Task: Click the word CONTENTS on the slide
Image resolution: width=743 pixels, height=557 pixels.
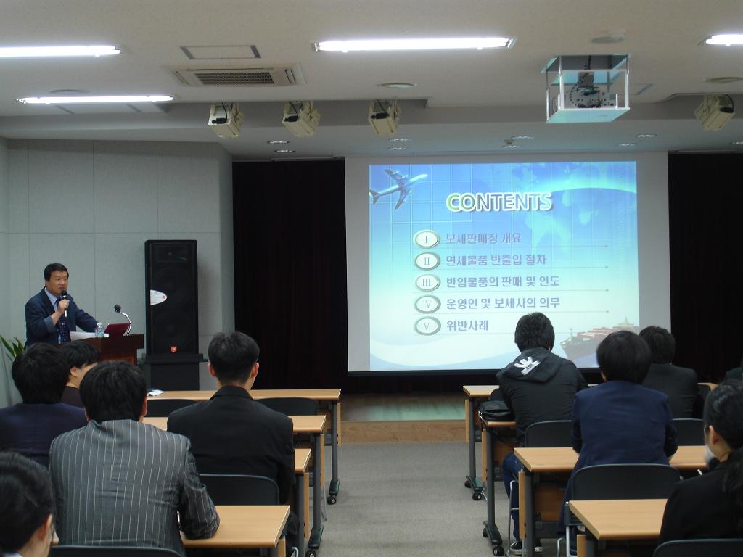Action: coord(499,202)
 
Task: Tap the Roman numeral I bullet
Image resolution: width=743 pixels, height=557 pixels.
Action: coord(427,239)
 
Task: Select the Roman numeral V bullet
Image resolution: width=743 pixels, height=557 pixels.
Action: coord(427,326)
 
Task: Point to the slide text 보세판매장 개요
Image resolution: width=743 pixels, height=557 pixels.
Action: coord(483,238)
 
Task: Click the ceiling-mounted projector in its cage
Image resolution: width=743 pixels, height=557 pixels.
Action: coord(586,88)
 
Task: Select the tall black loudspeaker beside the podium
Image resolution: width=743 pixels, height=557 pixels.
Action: coord(171,297)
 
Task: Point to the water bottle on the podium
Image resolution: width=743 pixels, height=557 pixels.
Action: coord(99,330)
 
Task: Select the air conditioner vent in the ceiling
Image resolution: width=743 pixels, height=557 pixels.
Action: coord(237,75)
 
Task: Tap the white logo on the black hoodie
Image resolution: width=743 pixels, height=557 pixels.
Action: coord(530,365)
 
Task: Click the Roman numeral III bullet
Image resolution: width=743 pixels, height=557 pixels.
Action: coord(427,283)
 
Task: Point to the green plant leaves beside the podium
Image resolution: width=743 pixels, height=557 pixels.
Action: coord(12,347)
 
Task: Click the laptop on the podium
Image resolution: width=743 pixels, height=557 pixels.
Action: coord(117,329)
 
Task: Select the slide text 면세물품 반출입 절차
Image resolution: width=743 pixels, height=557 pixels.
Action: coord(496,260)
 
